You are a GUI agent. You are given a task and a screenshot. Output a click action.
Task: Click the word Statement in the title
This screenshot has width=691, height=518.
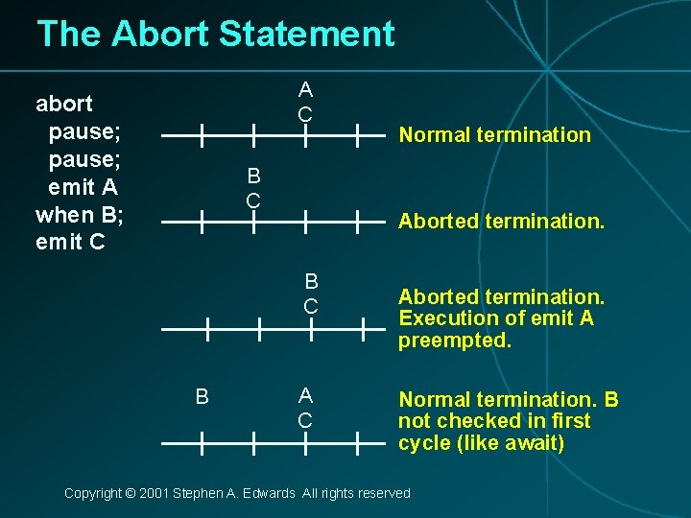tap(306, 35)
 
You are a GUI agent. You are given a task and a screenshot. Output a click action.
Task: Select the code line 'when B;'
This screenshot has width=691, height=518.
tap(80, 214)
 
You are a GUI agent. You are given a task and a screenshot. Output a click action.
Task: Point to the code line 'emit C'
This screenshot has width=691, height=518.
tap(72, 242)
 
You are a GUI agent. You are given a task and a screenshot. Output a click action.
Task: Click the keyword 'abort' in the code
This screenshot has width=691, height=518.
tap(64, 103)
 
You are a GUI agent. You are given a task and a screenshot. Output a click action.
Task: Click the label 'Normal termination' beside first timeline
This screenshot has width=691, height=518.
tap(494, 135)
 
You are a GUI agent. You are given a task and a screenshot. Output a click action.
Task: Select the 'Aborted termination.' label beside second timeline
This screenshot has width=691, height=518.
tap(501, 222)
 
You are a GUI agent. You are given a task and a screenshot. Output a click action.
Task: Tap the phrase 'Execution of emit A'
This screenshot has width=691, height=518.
tap(495, 318)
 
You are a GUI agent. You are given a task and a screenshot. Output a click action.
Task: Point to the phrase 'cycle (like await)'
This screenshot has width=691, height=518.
tap(481, 442)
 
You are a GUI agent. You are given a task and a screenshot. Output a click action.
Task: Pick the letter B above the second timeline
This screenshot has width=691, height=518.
tap(253, 176)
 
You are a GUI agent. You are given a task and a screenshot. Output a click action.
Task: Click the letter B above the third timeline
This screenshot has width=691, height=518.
tap(311, 282)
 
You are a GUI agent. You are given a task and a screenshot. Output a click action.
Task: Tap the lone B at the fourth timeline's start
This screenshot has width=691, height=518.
tap(202, 396)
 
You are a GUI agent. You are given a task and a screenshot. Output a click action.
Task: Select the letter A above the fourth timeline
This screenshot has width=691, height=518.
tap(304, 395)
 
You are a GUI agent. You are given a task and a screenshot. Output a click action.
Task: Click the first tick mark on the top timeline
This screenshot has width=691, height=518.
tap(202, 135)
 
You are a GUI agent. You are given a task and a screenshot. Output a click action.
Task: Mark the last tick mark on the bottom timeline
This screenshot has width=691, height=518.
tap(357, 443)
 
